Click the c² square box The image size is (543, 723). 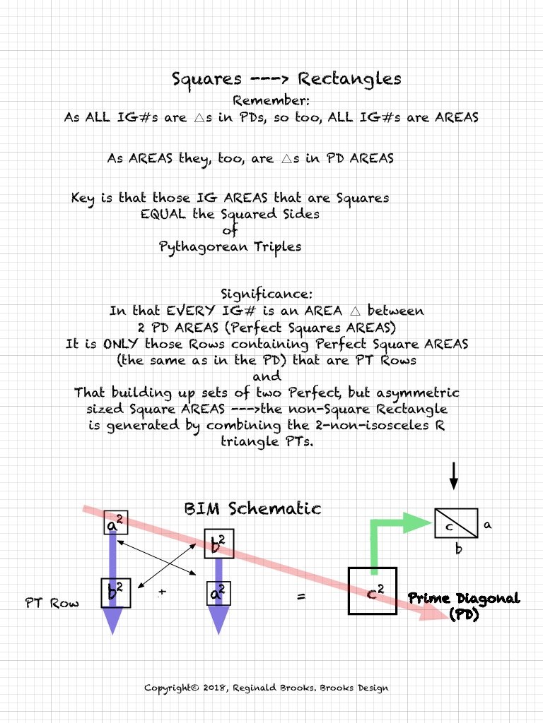[x=373, y=591]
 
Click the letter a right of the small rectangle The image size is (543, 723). [x=487, y=525]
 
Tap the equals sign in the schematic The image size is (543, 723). [x=301, y=597]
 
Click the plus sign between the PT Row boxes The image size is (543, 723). [x=162, y=592]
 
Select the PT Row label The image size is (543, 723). [x=52, y=603]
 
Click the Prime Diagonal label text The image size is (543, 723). [x=464, y=599]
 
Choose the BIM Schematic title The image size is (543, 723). [x=252, y=508]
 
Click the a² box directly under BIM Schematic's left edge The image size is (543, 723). [x=113, y=523]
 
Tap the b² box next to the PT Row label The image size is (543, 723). [x=115, y=592]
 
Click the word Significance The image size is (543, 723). [x=266, y=293]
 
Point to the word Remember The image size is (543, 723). [x=266, y=100]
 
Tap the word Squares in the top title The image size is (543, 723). [x=206, y=78]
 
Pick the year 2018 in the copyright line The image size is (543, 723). [x=213, y=688]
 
